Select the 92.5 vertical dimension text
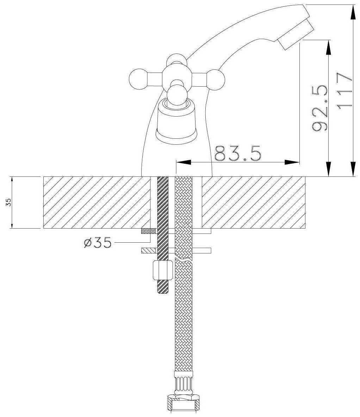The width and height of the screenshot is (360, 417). pyautogui.click(x=321, y=107)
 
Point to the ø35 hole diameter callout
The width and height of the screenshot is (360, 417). pyautogui.click(x=98, y=242)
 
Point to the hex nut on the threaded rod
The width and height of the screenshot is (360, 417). pyautogui.click(x=162, y=270)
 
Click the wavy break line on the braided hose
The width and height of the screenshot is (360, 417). pyautogui.click(x=184, y=261)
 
